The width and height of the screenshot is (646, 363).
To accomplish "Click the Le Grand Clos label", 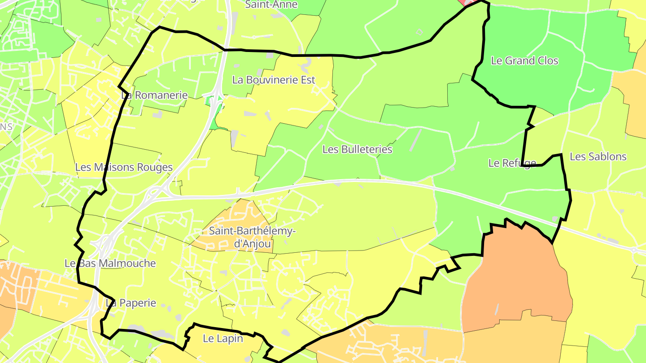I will coord(524,60).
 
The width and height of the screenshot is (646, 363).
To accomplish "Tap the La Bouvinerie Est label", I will coord(274,80).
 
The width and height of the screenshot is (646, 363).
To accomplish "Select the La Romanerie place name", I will coord(154,95).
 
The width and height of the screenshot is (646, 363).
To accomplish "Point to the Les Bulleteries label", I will coord(357,149).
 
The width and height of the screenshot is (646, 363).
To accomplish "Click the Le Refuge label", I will coord(512,163).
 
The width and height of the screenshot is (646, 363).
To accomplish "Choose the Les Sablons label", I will coord(598,156).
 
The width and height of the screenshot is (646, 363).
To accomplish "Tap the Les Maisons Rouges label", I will coord(124,167).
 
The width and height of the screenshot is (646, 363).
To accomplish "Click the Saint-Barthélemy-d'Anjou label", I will coord(240,238).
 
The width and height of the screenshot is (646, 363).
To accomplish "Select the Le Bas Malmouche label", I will coord(110,263).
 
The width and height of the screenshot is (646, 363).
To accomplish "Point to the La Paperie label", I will coord(131,303).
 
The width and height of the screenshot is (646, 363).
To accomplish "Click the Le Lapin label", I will coord(223,338).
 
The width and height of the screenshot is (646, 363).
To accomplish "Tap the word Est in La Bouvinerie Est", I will coord(307,80).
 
